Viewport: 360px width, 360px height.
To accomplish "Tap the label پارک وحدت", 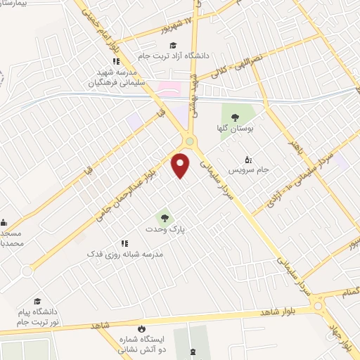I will (163, 229).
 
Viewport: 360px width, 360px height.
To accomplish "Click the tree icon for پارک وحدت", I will (164, 217).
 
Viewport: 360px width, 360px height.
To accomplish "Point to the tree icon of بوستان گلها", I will (233, 117).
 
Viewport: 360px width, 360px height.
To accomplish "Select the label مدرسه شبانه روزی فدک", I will (125, 252).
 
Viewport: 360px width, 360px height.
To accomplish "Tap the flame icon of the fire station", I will (141, 328).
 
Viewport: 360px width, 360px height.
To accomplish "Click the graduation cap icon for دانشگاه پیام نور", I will (37, 301).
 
